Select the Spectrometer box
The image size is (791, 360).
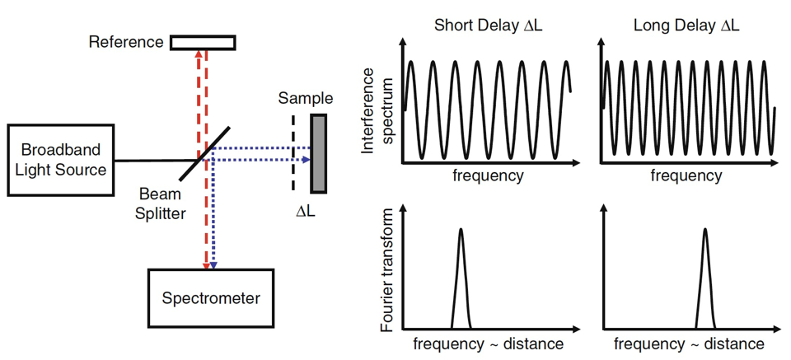pos(209,298)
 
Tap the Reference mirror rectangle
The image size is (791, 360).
pos(203,41)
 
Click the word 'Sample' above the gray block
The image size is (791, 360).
pos(305,99)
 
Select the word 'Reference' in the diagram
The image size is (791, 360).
pos(125,40)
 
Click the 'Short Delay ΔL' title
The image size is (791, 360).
pos(487,26)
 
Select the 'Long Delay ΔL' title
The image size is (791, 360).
pos(686,26)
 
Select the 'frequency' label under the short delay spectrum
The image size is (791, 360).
pos(487,175)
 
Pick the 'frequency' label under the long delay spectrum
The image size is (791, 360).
pos(686,175)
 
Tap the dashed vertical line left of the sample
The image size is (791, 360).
pos(293,152)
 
